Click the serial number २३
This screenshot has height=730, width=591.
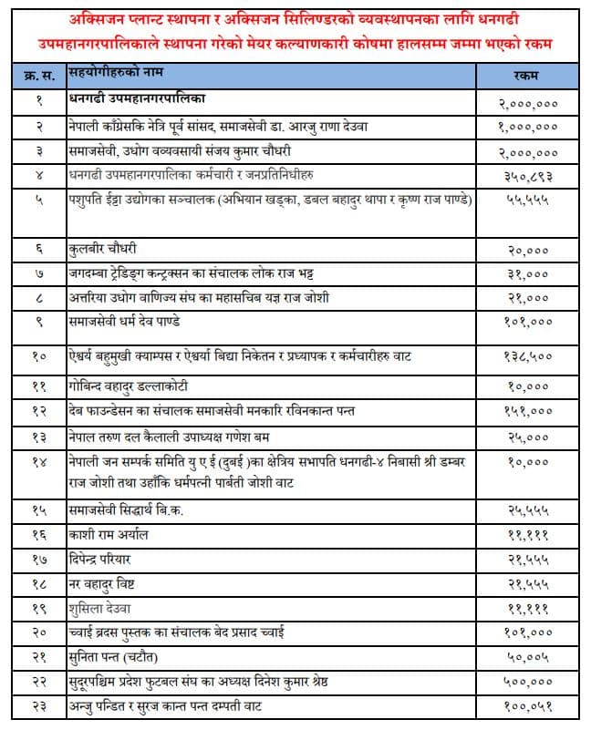[39, 706]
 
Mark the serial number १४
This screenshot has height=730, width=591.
[39, 463]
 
